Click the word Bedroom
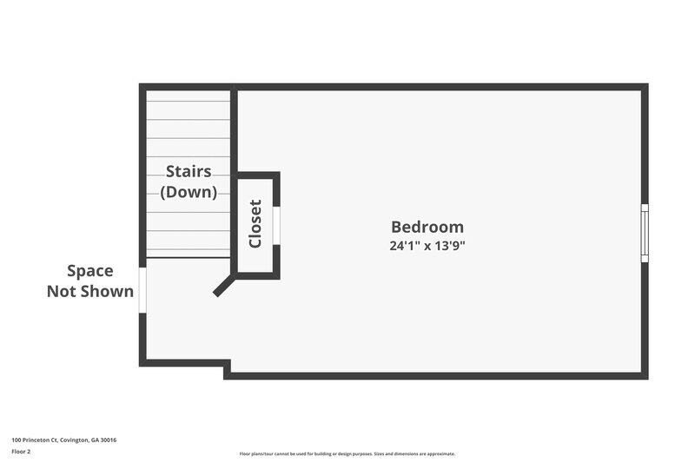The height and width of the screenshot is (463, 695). pyautogui.click(x=427, y=227)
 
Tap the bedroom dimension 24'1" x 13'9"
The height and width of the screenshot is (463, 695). pyautogui.click(x=427, y=246)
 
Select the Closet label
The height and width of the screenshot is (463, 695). pyautogui.click(x=255, y=224)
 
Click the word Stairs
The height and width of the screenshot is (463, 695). pyautogui.click(x=189, y=172)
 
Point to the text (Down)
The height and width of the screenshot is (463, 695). pyautogui.click(x=189, y=192)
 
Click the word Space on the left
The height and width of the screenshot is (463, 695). pyautogui.click(x=90, y=271)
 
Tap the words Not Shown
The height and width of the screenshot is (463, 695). pyautogui.click(x=90, y=292)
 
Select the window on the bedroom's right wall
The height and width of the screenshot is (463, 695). pyautogui.click(x=645, y=233)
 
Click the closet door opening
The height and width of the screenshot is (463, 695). pyautogui.click(x=277, y=226)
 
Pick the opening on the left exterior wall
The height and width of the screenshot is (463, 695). pyautogui.click(x=142, y=289)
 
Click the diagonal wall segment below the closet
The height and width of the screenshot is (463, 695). pyautogui.click(x=223, y=288)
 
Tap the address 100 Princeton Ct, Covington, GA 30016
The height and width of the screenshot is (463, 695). pyautogui.click(x=64, y=440)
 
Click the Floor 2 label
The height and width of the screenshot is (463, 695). pyautogui.click(x=22, y=452)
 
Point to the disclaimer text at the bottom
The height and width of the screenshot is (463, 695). pyautogui.click(x=347, y=453)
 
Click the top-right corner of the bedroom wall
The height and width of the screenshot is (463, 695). pyautogui.click(x=645, y=87)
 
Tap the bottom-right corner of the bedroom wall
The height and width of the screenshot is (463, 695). pyautogui.click(x=645, y=375)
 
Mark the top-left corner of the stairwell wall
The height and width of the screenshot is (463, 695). pyautogui.click(x=142, y=87)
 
